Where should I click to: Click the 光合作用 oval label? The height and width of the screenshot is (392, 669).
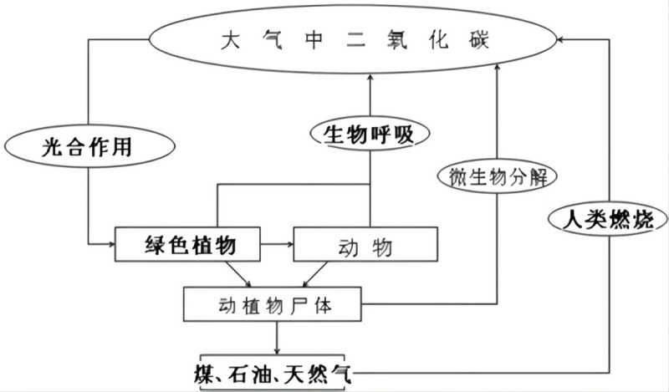[x=87, y=148]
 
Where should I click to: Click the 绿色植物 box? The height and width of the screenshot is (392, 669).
[x=189, y=245]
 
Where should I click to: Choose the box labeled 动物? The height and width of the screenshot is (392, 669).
[x=365, y=246]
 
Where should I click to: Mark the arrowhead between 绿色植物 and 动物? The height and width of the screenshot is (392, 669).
[x=289, y=245]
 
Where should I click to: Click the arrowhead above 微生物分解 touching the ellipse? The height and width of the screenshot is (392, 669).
[x=497, y=69]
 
